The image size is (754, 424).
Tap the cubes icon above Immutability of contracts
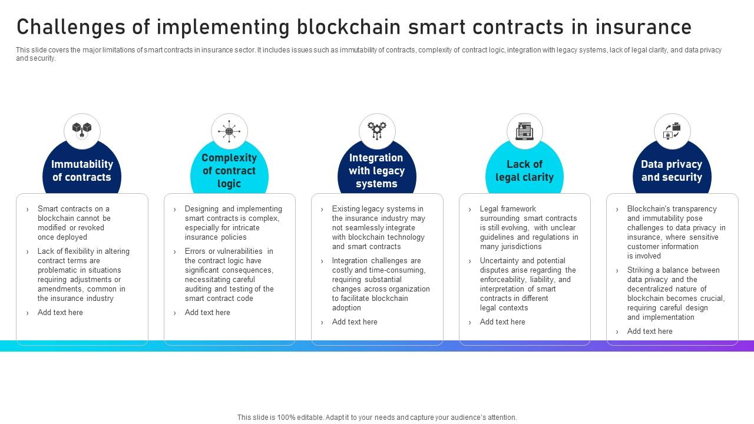click(x=82, y=130)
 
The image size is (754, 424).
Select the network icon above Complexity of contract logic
click(x=229, y=131)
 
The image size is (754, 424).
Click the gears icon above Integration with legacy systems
click(x=377, y=130)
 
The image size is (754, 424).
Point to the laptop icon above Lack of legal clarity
click(x=524, y=131)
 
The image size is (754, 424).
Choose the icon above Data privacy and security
click(x=672, y=131)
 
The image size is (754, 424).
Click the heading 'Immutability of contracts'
click(x=82, y=171)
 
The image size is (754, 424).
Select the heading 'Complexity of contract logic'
click(x=229, y=171)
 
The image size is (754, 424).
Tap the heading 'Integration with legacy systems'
click(x=376, y=171)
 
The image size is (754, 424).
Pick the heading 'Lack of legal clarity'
click(x=524, y=171)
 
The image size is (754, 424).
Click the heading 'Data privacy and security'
click(x=672, y=171)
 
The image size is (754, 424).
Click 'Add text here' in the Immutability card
click(x=60, y=313)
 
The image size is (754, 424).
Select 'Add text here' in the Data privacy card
click(x=650, y=332)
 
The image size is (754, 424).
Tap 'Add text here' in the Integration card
click(x=355, y=322)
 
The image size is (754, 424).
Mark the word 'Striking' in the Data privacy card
click(x=640, y=270)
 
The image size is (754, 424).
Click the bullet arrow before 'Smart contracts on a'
click(x=27, y=210)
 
